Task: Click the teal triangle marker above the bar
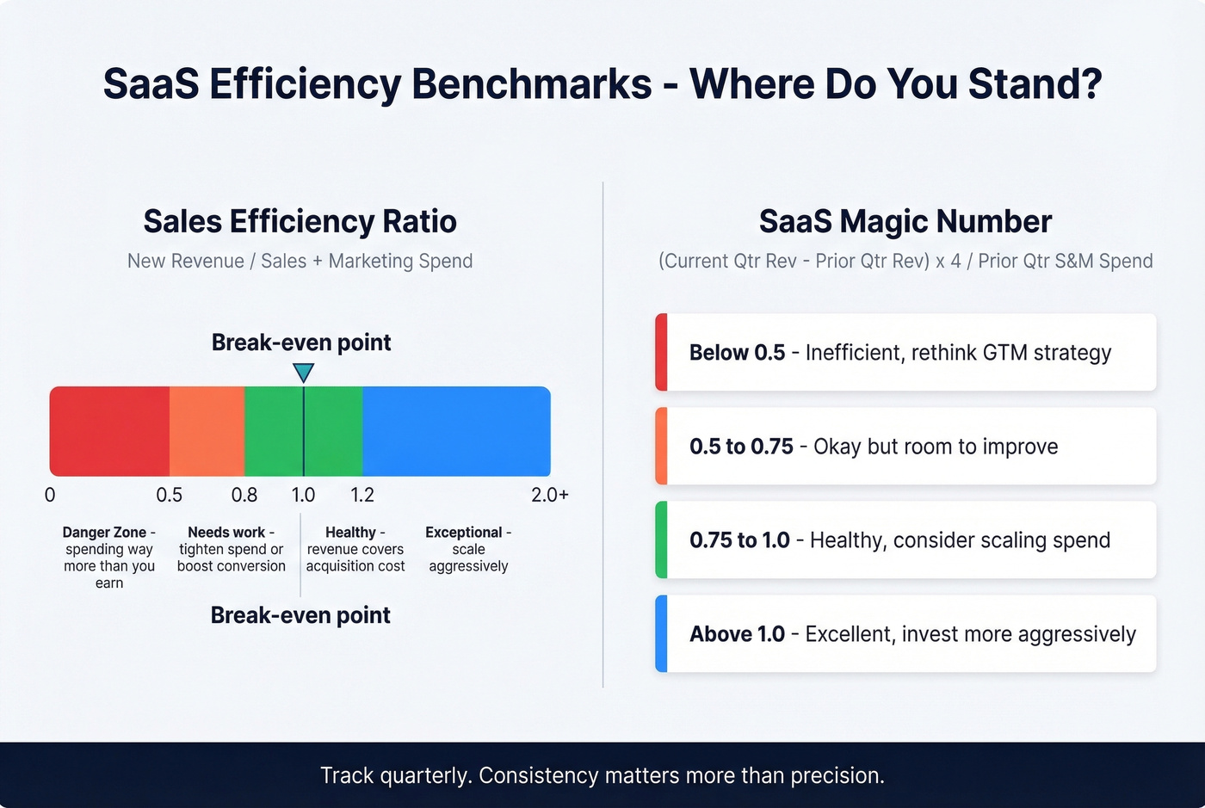click(x=303, y=372)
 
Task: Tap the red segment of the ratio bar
click(x=109, y=431)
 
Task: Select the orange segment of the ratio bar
click(x=207, y=431)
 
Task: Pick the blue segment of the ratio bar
click(x=456, y=431)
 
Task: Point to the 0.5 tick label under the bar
click(x=169, y=495)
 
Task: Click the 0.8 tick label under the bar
click(x=244, y=495)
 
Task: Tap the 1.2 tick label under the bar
click(x=362, y=495)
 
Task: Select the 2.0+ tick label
click(x=550, y=495)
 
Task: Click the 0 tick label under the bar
click(x=50, y=495)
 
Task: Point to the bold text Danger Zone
click(x=104, y=533)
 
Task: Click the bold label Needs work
click(x=226, y=533)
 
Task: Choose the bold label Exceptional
click(x=464, y=533)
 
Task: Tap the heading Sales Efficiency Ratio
click(x=300, y=222)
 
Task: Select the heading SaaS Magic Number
click(x=905, y=222)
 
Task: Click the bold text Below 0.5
click(x=737, y=353)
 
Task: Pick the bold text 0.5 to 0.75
click(x=741, y=447)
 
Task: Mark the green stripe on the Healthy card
click(x=661, y=540)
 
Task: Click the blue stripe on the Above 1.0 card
click(x=661, y=633)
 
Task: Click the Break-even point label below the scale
click(x=300, y=615)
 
